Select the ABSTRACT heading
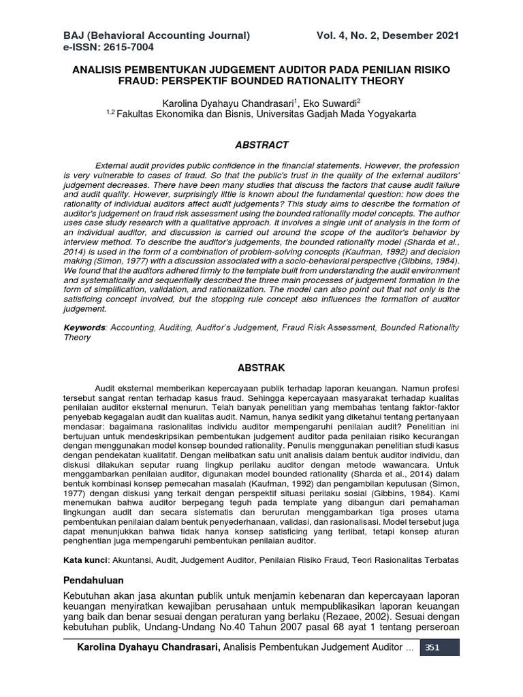pyautogui.click(x=261, y=145)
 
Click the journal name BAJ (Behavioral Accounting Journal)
pyautogui.click(x=157, y=35)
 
